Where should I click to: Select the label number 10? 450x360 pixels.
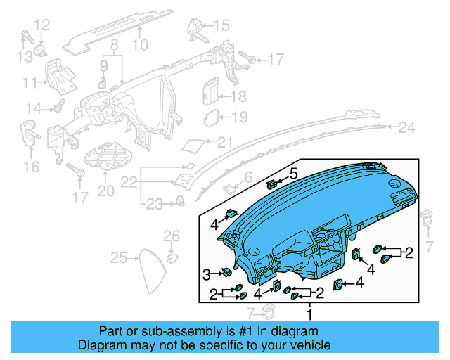pos(140,46)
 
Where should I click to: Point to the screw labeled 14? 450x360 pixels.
pos(58,108)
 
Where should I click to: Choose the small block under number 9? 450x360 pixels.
pos(103,84)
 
